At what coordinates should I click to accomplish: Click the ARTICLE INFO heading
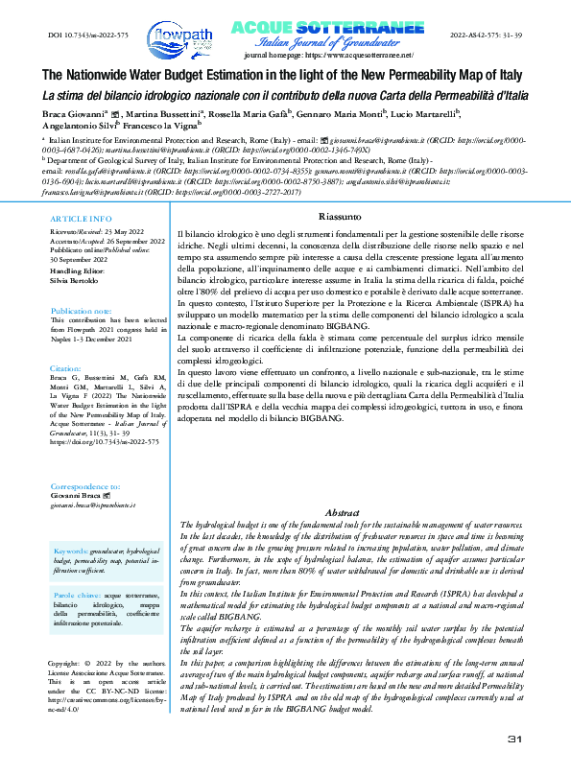pos(80,220)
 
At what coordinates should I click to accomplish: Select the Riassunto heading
pos(340,219)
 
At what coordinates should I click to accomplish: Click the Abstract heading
pos(343,513)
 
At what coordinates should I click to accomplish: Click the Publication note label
pos(85,313)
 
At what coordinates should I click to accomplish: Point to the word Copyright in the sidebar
pos(65,663)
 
